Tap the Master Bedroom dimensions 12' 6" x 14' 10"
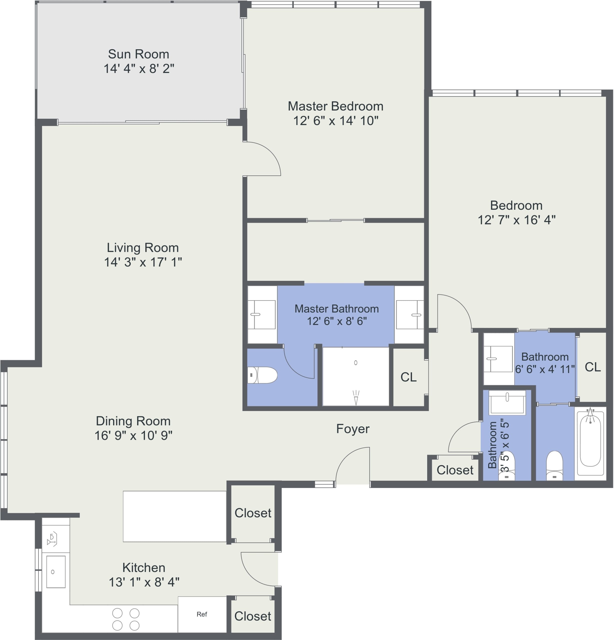335,121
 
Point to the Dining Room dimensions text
133,435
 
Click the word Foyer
353,429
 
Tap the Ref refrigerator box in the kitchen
202,614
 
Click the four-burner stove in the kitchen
126,619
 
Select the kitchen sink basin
56,572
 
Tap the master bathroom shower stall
356,376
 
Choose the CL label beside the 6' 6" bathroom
592,367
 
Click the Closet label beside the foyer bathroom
455,470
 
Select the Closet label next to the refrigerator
253,616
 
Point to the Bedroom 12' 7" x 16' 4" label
516,212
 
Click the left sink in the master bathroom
262,314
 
